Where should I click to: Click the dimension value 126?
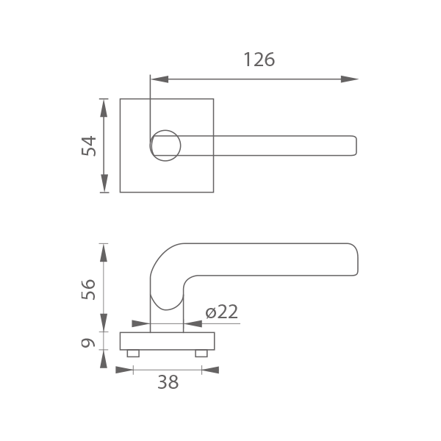pos(259,60)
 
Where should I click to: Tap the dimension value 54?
pos(89,146)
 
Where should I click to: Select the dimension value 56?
pos(88,290)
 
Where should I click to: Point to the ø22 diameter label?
pos(222,312)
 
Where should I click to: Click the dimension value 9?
pos(88,343)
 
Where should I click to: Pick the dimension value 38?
pos(168,382)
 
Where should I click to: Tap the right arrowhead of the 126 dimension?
pos(349,79)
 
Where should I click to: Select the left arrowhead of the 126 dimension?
pos(159,79)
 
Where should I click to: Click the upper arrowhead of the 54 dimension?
pos(104,108)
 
